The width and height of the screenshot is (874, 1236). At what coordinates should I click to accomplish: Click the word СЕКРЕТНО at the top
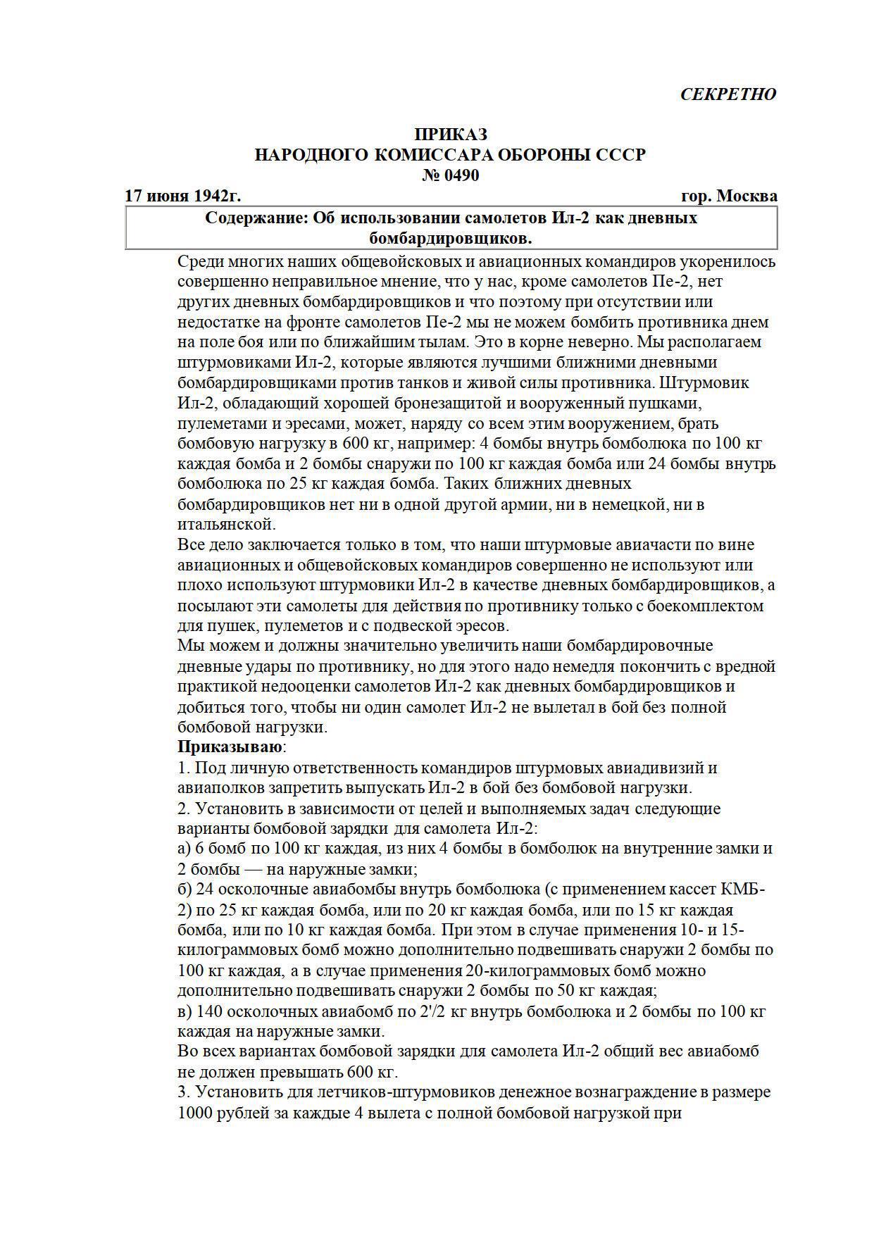coord(728,94)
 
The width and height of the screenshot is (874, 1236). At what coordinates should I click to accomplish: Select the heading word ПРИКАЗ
coord(450,135)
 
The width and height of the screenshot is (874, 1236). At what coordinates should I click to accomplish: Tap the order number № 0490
coord(450,175)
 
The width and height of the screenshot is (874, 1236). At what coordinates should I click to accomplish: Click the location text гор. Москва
coord(730,196)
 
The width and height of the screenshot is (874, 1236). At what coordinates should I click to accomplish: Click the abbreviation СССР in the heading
coord(620,155)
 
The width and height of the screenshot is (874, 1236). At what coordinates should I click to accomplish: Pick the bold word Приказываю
coord(230,747)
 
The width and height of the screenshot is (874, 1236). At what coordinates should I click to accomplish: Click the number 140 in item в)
coord(211,1011)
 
